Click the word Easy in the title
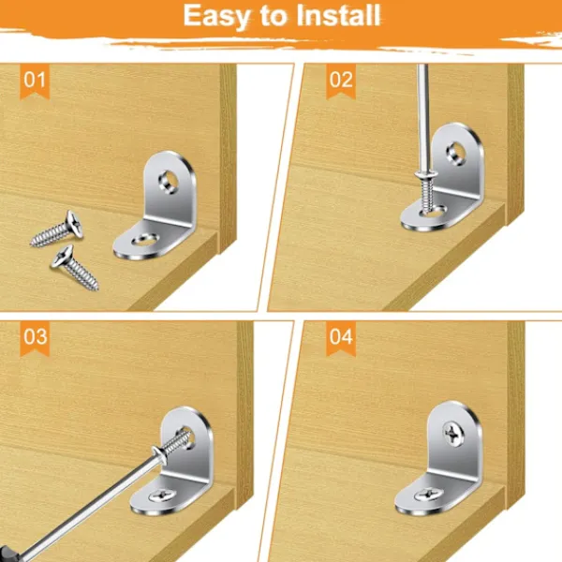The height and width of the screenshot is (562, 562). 216,17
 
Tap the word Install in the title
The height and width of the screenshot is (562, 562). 338,15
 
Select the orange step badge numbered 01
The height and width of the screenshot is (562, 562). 35,81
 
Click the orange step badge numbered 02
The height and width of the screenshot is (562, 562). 341,81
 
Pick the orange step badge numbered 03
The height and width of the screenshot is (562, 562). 35,339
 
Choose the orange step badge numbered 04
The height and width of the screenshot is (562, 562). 341,339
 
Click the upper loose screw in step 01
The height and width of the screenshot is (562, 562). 57,229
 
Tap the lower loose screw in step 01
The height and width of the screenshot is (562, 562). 74,266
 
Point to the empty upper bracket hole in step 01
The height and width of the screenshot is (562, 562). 168,182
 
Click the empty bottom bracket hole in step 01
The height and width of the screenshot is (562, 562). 145,240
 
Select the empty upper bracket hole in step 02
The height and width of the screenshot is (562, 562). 456,154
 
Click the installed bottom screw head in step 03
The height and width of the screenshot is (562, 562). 162,495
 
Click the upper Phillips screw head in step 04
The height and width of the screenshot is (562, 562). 453,434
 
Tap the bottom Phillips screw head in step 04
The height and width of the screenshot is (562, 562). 428,495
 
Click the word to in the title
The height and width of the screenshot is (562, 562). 274,16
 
